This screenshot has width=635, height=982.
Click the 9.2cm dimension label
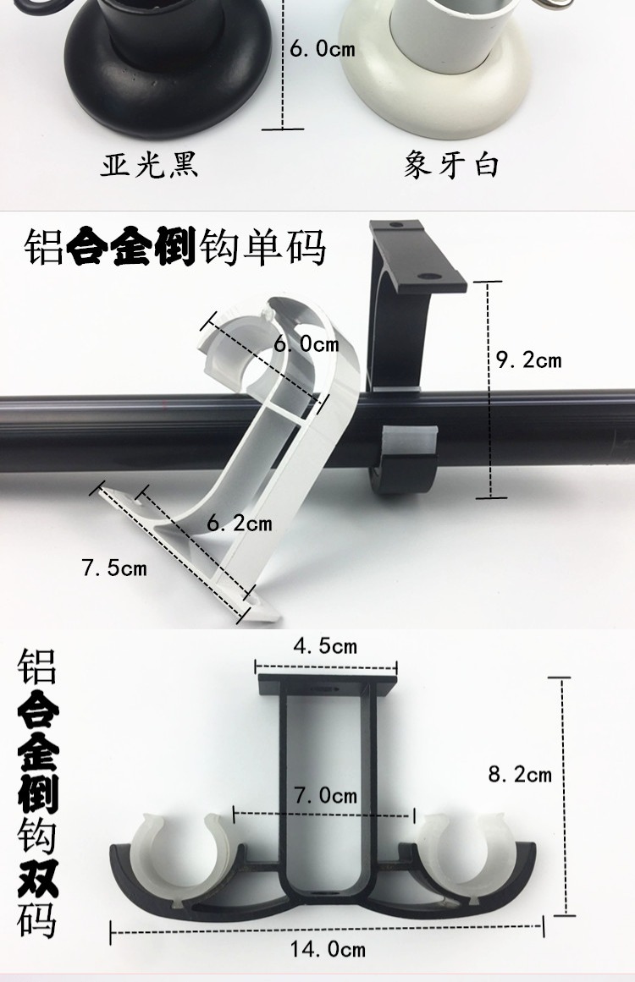point(528,360)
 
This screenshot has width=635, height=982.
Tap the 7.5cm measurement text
point(114,568)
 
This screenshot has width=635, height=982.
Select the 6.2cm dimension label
point(240,524)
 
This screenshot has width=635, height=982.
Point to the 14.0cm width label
point(329,949)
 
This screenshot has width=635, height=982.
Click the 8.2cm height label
point(520,773)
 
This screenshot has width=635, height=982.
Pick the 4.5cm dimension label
point(324,647)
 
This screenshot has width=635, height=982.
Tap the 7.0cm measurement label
point(325,796)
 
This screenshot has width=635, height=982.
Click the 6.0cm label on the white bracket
point(306,344)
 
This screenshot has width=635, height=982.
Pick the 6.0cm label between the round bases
point(323,49)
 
